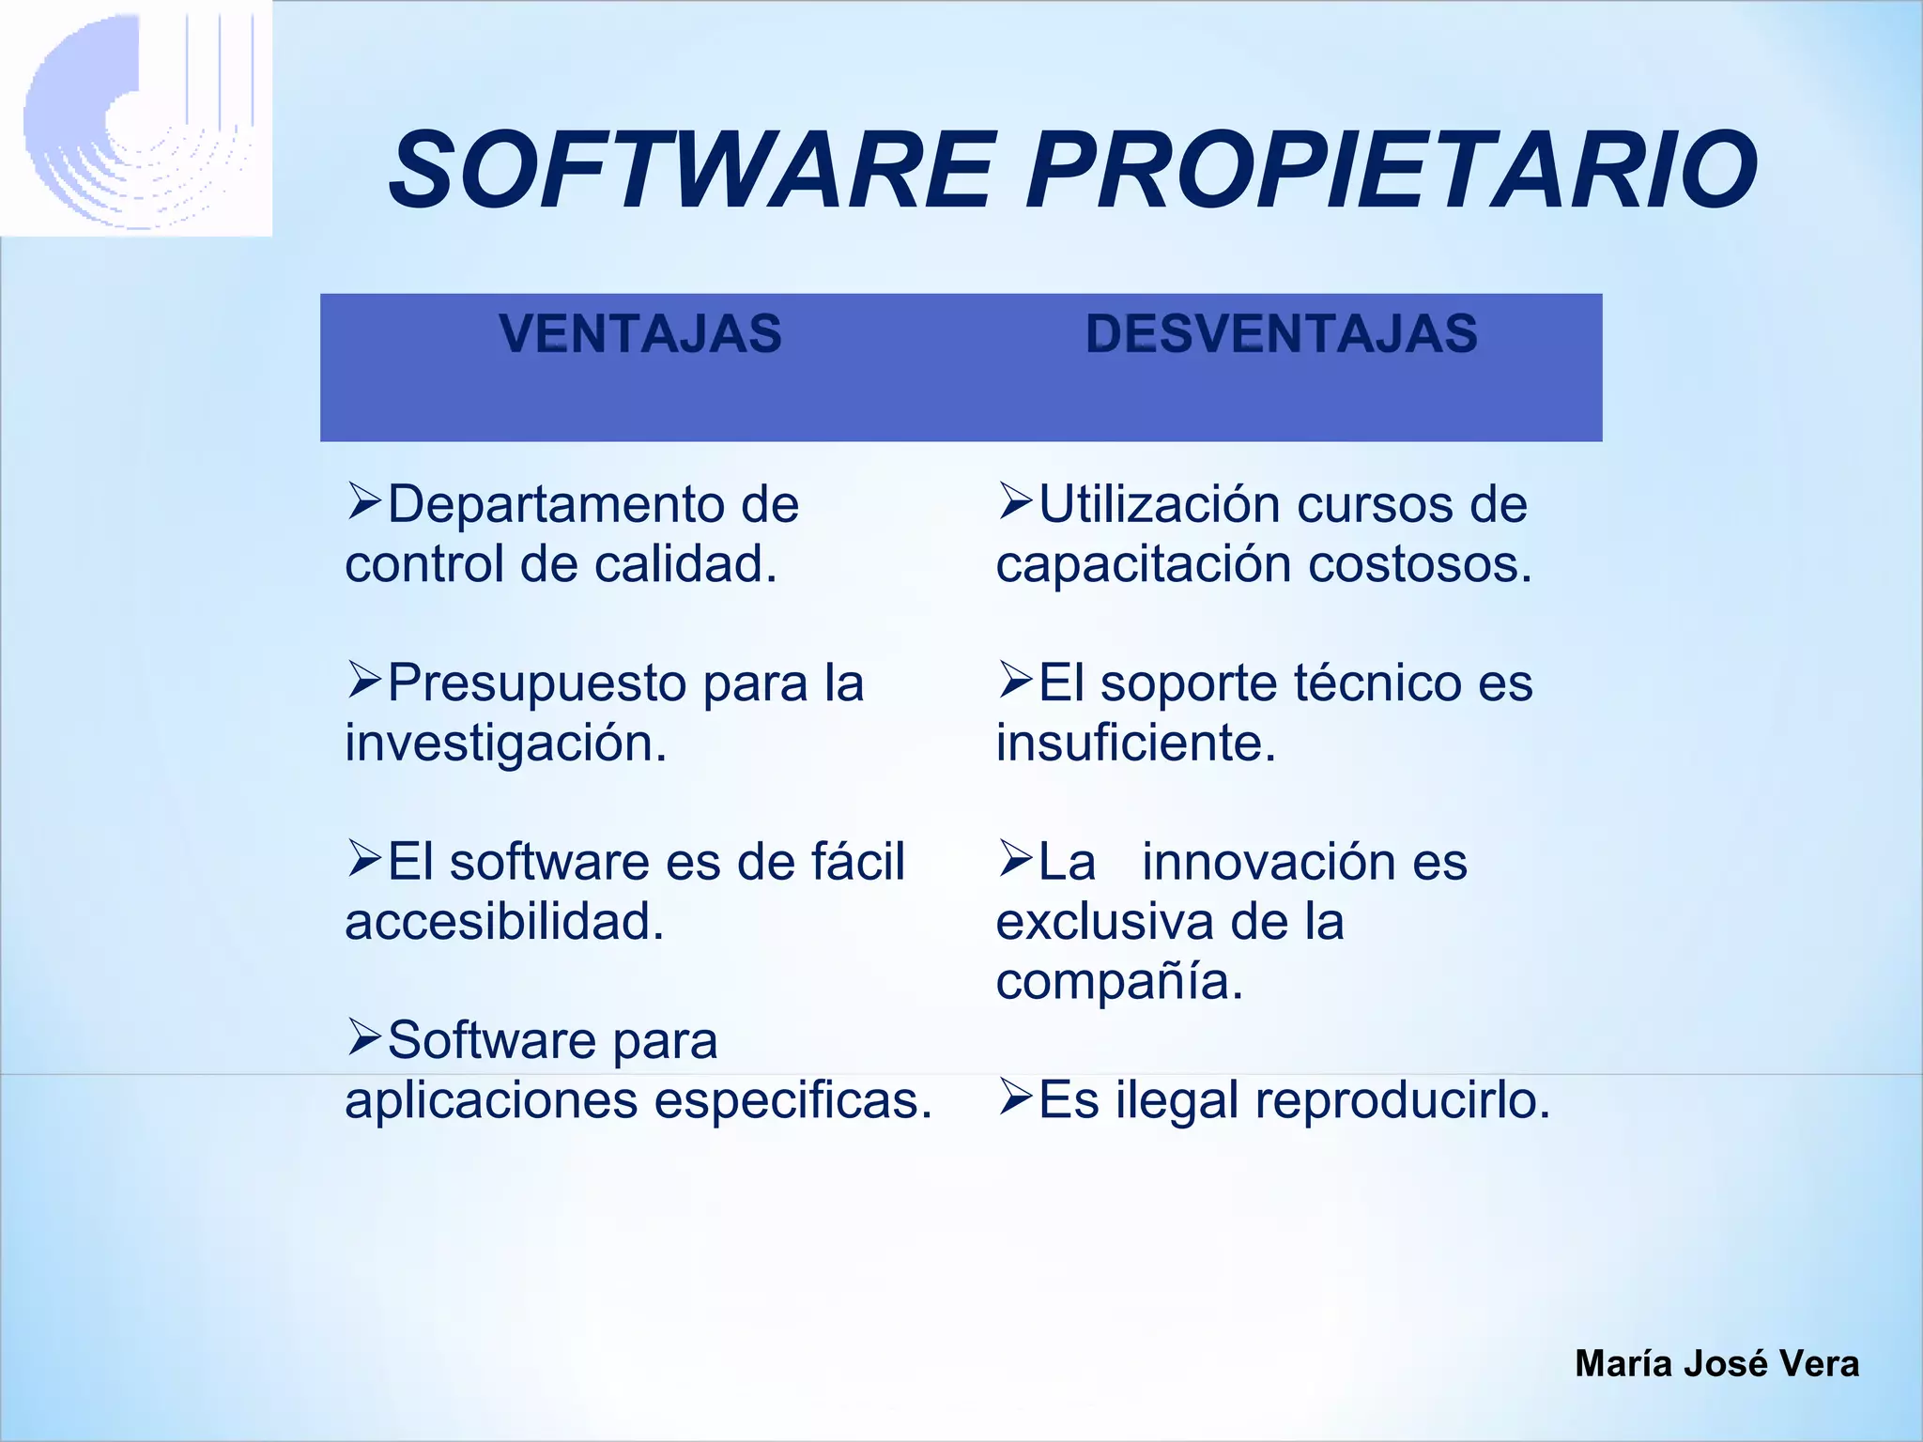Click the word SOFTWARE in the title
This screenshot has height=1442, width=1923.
(690, 171)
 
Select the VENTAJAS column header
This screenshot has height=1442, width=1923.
(640, 334)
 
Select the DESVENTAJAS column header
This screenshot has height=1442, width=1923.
(1282, 334)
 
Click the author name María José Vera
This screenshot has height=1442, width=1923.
(1716, 1363)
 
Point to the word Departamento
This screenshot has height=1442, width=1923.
(553, 505)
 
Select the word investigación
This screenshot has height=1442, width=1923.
(505, 744)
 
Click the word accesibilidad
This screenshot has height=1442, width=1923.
(504, 922)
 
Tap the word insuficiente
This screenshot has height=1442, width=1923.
(1135, 744)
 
